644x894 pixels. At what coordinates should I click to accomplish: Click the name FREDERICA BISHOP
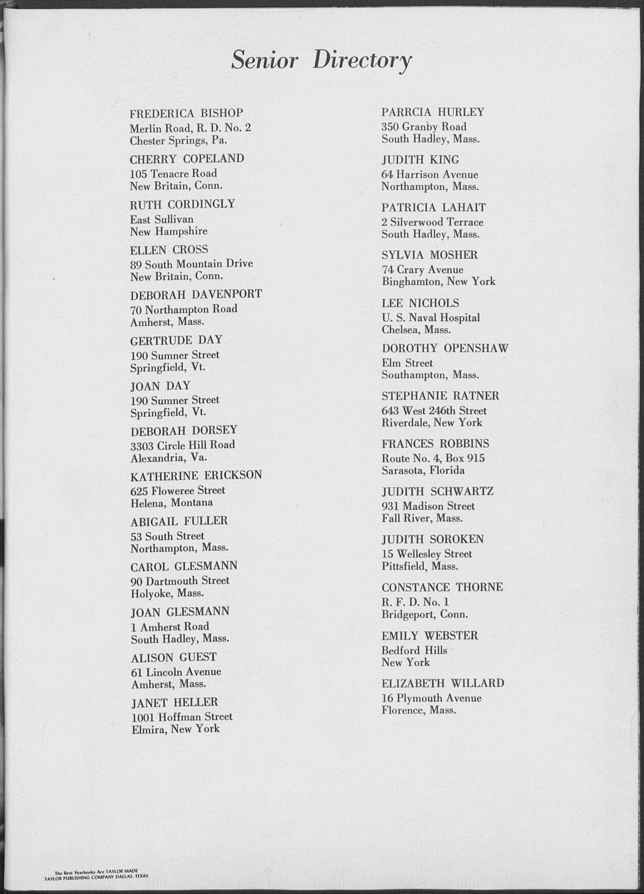[x=186, y=114]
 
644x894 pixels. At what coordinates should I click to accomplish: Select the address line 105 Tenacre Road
[x=173, y=173]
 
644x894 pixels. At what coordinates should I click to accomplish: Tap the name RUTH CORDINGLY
[x=182, y=204]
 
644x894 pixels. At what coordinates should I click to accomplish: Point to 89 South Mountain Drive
[x=191, y=264]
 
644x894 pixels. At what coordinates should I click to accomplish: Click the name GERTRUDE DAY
[x=176, y=340]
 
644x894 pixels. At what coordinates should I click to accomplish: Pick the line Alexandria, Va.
[x=169, y=458]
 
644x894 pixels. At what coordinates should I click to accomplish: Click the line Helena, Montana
[x=171, y=502]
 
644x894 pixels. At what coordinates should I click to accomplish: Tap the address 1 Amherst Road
[x=170, y=626]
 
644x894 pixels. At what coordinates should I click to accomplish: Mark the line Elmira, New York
[x=175, y=729]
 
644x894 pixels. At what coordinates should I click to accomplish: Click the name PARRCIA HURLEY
[x=433, y=112]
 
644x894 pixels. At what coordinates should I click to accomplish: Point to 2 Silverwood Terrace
[x=432, y=222]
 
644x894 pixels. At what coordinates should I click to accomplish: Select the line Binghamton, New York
[x=438, y=282]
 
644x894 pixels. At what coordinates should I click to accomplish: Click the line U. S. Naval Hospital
[x=431, y=318]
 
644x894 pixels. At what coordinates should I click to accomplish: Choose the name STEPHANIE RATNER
[x=440, y=396]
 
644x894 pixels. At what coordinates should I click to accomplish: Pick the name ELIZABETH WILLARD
[x=443, y=683]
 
